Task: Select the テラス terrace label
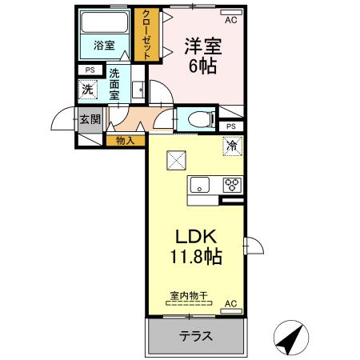click(195, 337)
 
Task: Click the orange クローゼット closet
click(146, 34)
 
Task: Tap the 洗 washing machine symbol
click(86, 90)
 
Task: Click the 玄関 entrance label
click(90, 121)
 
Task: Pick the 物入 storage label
click(125, 141)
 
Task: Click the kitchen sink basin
click(200, 185)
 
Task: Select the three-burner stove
click(232, 185)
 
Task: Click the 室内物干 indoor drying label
click(188, 296)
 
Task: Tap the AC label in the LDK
click(230, 304)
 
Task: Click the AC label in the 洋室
click(230, 19)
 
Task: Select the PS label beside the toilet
click(231, 126)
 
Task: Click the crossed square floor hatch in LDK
click(176, 160)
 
